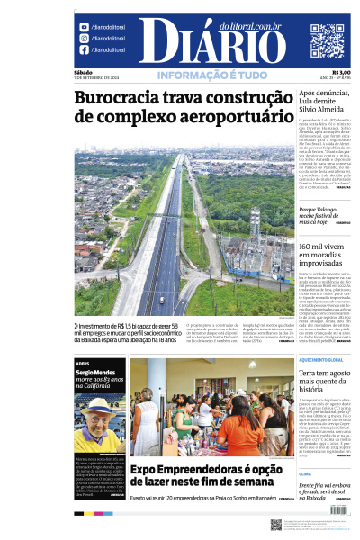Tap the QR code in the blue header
click(x=328, y=40)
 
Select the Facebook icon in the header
click(x=85, y=49)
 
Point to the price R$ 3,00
click(x=341, y=73)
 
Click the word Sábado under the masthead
click(x=84, y=73)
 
